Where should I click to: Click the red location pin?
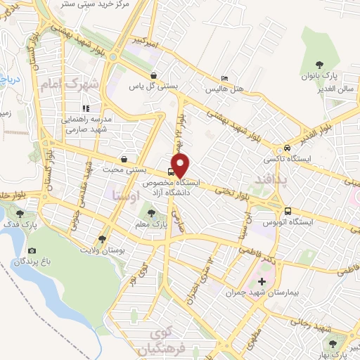[181, 166]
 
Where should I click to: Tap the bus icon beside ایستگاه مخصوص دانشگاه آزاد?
[171, 173]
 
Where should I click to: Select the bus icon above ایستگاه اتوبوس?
[288, 211]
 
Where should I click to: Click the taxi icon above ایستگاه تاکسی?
[287, 149]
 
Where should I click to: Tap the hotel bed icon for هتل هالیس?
[224, 78]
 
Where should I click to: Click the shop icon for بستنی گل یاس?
[153, 75]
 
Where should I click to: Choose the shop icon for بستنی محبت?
[124, 159]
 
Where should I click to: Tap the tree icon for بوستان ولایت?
[103, 238]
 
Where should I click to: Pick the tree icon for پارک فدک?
[19, 214]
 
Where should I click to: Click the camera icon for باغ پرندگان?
[32, 250]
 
